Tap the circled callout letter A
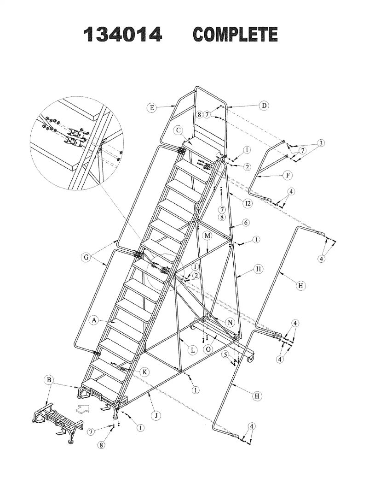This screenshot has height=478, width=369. click(94, 319)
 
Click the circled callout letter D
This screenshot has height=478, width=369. click(264, 106)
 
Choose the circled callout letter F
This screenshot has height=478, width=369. click(288, 176)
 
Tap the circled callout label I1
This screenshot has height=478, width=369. click(259, 268)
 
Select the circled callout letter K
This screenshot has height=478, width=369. click(145, 372)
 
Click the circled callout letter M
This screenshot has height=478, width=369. click(208, 236)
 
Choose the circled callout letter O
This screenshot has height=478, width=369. click(209, 349)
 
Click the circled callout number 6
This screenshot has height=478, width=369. click(246, 222)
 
